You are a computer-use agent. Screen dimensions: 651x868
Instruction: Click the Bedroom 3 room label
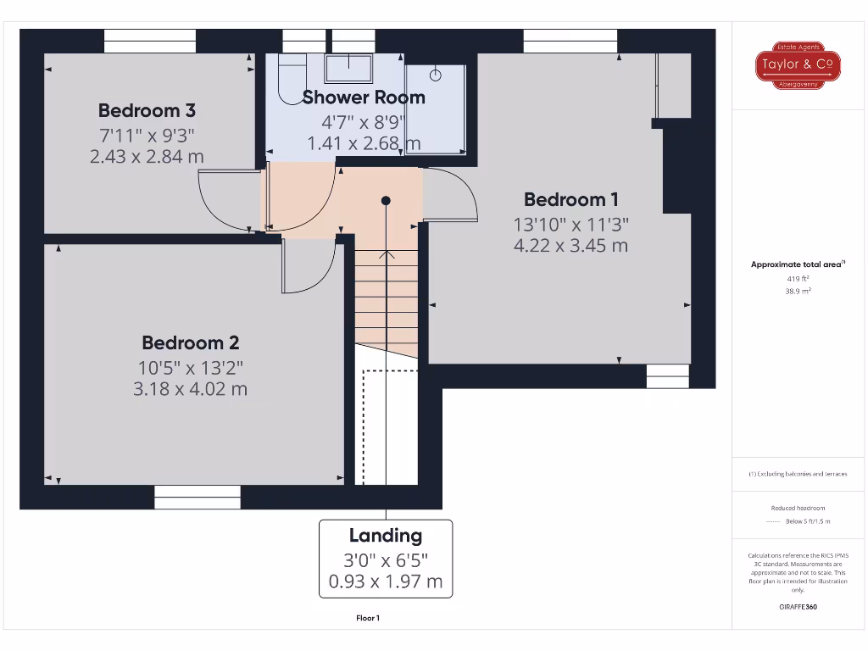point(147,110)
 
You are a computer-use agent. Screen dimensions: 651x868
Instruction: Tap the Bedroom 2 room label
point(190,343)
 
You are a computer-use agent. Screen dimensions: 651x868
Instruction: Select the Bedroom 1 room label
point(570,200)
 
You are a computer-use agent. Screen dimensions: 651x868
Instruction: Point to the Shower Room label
point(364,97)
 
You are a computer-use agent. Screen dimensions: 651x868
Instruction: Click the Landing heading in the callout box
point(386,536)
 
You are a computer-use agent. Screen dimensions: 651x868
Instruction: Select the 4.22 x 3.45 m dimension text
point(570,246)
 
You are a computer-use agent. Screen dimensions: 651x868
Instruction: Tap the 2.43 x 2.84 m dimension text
point(147,156)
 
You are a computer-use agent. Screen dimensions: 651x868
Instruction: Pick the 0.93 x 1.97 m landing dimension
point(386,582)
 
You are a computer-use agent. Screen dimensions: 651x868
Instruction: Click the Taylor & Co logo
point(798,64)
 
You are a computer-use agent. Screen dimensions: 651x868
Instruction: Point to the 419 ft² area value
point(798,278)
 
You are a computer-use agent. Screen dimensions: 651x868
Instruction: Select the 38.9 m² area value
point(798,291)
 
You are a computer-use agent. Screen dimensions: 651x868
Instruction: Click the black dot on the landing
point(386,201)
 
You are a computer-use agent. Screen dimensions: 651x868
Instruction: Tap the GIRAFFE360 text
point(798,607)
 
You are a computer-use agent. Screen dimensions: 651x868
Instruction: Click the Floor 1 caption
point(368,619)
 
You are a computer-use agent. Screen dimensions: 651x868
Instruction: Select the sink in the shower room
point(350,67)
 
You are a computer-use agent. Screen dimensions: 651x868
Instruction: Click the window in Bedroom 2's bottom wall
point(198,497)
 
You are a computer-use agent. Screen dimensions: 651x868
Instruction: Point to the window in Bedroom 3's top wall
point(149,41)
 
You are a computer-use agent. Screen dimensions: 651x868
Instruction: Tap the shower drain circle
point(436,75)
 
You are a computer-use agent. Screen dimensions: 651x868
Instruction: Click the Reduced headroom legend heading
point(798,508)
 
